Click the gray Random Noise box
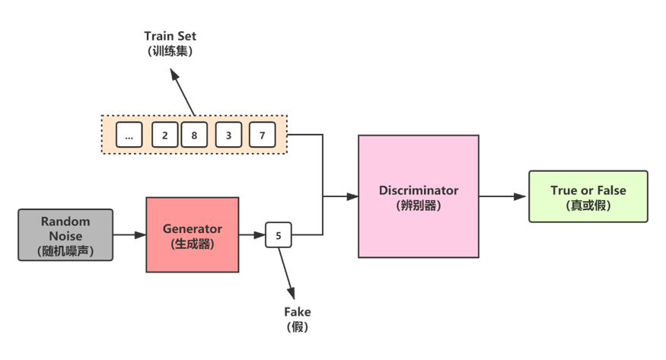(x=65, y=234)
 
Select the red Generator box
(x=193, y=234)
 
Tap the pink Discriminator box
(x=419, y=196)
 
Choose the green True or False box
(x=588, y=196)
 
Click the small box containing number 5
(x=279, y=234)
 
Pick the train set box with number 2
(x=165, y=135)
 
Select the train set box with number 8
(x=194, y=135)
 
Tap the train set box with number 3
(x=228, y=135)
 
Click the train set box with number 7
(x=262, y=135)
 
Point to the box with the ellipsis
(x=129, y=135)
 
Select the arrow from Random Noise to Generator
(x=129, y=234)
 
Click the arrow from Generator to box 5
(x=252, y=234)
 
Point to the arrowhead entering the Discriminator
(x=352, y=196)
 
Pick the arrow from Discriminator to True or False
(x=502, y=196)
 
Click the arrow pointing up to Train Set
(x=183, y=92)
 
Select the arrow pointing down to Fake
(x=286, y=273)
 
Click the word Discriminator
(x=419, y=190)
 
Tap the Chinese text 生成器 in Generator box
(x=193, y=244)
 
